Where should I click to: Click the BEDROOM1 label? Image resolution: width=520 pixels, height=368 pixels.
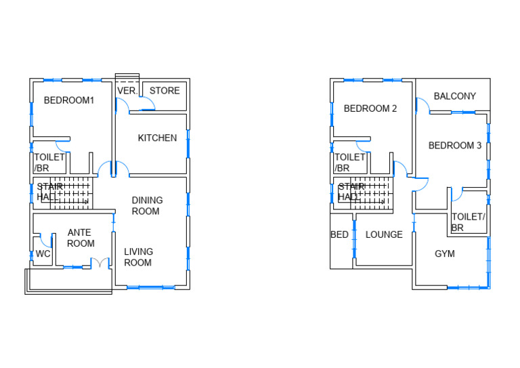pos(68,100)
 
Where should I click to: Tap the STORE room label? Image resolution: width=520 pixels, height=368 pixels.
pos(165,91)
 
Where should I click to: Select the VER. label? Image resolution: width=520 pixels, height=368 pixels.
pos(127,91)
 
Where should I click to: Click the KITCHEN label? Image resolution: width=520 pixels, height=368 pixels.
pos(157,138)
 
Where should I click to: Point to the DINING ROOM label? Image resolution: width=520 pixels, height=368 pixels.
pos(147,205)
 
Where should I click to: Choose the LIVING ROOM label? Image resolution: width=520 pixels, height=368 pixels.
pos(138,257)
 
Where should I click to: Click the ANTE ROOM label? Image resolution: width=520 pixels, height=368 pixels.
pos(80,238)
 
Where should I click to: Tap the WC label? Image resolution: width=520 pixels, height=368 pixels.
pos(43,254)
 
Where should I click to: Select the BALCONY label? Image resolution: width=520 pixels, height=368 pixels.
pos(454,96)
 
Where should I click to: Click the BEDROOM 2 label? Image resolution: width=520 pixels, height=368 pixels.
pos(370,108)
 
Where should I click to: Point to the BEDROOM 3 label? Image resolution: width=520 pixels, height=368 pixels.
pos(454,145)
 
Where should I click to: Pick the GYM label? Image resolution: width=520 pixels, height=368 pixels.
pos(444,253)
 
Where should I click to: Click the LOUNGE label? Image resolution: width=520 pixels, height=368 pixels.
pos(384,234)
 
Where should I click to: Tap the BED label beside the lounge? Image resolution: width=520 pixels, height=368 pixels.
pos(339,234)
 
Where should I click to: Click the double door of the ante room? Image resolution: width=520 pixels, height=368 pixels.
pos(100,263)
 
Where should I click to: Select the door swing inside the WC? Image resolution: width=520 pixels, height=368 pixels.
pos(45,239)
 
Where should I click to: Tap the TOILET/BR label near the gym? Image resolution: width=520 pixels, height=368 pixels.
pos(468,222)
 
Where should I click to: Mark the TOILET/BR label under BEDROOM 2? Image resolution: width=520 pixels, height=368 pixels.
pos(349,162)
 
